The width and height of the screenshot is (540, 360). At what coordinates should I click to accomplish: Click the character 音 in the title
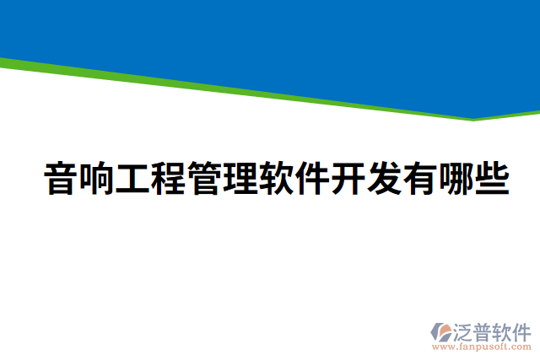click(x=61, y=180)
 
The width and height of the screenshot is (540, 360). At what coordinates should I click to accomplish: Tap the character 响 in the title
click(x=96, y=180)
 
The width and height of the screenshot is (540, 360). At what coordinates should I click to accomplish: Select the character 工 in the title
click(x=132, y=180)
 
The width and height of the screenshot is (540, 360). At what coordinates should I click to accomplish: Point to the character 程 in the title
click(x=169, y=180)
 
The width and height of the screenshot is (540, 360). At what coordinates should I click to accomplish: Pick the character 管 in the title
click(x=205, y=180)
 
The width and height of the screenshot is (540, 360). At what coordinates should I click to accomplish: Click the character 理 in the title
click(x=240, y=180)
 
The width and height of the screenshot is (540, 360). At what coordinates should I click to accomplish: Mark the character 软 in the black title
click(x=277, y=180)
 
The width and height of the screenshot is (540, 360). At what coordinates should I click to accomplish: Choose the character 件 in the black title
click(x=312, y=180)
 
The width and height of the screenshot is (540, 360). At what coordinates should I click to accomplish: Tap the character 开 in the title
click(x=348, y=180)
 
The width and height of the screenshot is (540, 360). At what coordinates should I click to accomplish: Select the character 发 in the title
click(x=384, y=180)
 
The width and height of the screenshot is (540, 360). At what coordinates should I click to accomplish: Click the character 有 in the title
click(x=419, y=180)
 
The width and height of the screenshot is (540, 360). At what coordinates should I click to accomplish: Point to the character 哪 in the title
click(x=456, y=180)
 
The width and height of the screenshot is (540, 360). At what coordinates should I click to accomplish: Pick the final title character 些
click(x=492, y=180)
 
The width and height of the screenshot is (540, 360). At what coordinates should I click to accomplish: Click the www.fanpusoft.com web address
click(x=482, y=347)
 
